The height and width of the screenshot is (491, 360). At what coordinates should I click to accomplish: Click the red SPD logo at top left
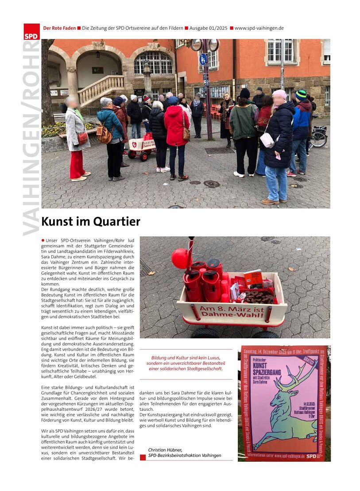pos(31,32)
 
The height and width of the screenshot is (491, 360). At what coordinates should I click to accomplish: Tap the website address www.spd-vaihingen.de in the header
pos(259,28)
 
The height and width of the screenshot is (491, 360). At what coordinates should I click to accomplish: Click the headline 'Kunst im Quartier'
pos(91,221)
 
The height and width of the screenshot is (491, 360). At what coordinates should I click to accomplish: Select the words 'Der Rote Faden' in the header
pos(59,28)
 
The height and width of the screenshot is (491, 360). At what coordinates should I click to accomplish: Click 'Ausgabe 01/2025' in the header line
pos(208,28)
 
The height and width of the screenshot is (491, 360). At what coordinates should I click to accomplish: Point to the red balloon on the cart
pos(180,259)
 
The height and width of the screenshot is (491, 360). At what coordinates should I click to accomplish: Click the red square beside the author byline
pos(143,457)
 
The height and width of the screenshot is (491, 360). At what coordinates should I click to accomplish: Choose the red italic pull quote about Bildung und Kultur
pos(186,363)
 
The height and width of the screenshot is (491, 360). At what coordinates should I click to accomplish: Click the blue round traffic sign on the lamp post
pos(203,59)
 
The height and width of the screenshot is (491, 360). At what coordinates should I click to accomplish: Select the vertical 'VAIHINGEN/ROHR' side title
pos(32,137)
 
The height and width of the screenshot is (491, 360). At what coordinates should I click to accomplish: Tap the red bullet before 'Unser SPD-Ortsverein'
pos(43,240)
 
